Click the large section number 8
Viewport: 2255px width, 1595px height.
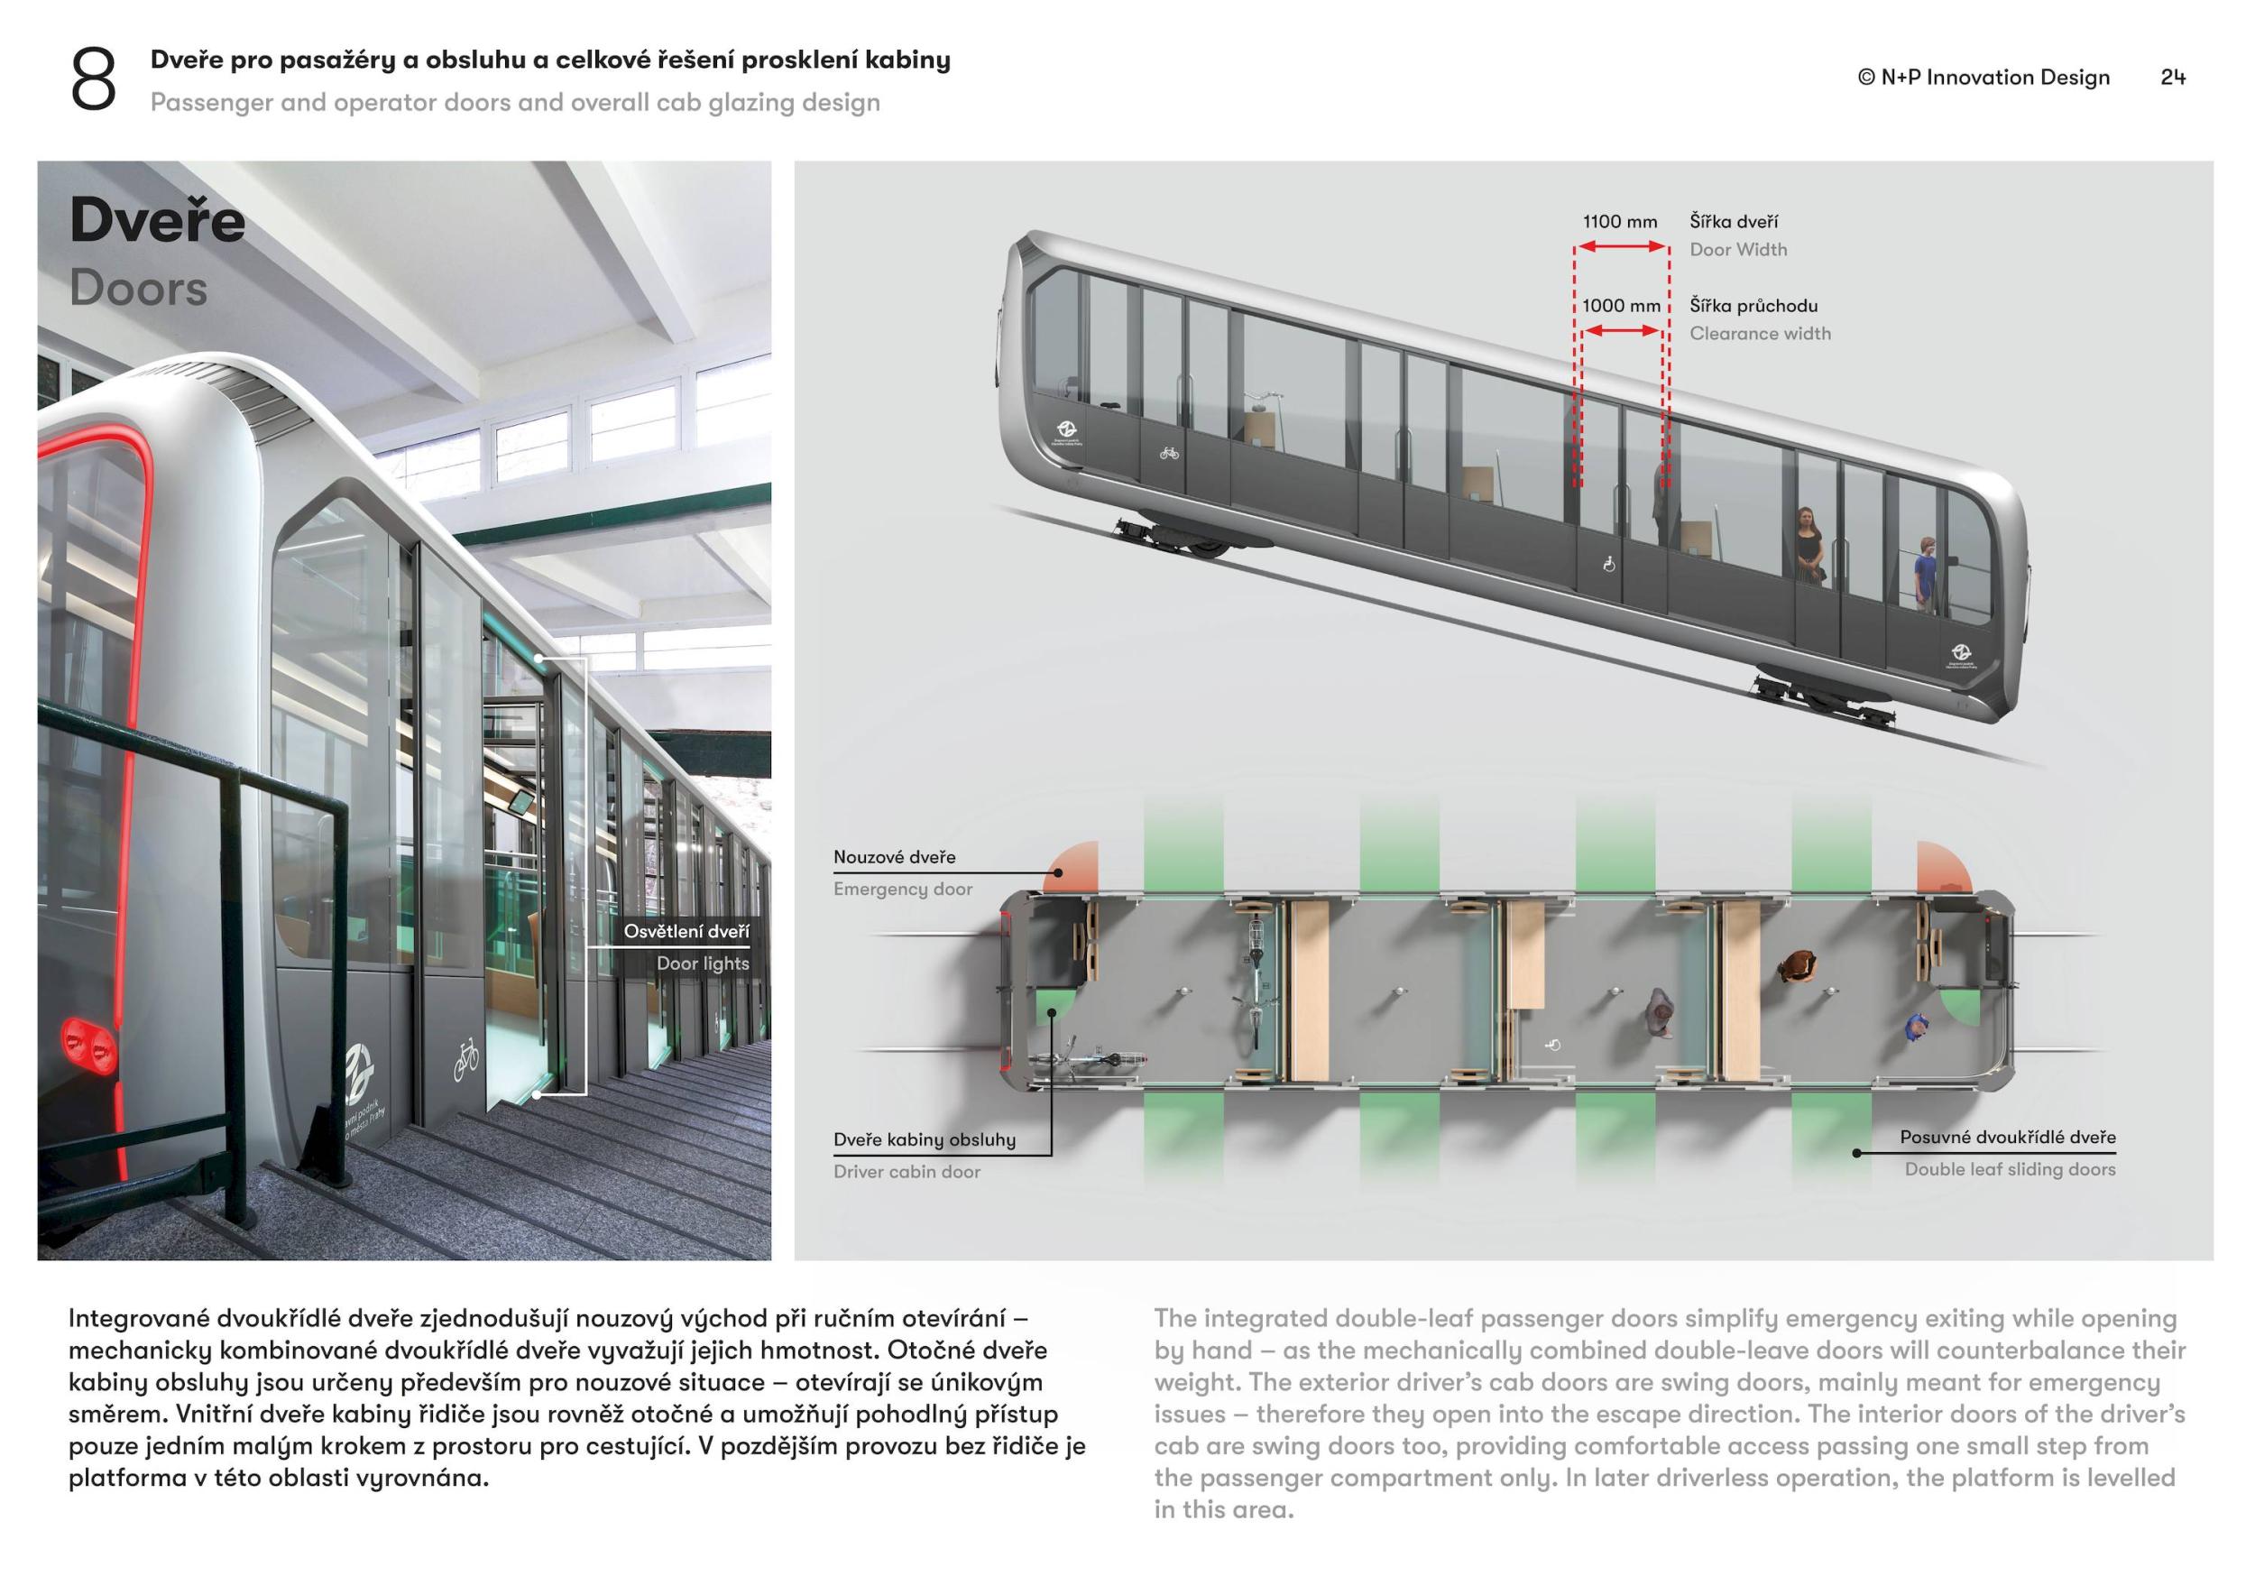(93, 79)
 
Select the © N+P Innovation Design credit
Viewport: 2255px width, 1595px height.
(1983, 77)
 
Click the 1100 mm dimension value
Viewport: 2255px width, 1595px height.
(1620, 222)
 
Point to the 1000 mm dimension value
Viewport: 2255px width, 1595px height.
(1621, 306)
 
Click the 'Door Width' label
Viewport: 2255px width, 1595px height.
(1737, 250)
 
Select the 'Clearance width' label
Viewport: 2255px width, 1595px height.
(1759, 333)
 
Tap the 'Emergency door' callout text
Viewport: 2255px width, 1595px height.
(903, 889)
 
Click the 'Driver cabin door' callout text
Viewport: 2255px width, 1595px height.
(907, 1172)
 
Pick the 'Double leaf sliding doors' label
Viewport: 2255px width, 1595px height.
(2010, 1169)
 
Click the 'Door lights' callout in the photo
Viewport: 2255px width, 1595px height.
(703, 963)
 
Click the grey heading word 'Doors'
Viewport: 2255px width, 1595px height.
(139, 288)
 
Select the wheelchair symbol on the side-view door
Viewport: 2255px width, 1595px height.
(1609, 564)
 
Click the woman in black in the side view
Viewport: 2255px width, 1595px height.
(1809, 545)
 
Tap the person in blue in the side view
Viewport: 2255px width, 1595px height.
(1925, 576)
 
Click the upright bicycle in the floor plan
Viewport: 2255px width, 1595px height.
(1258, 982)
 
